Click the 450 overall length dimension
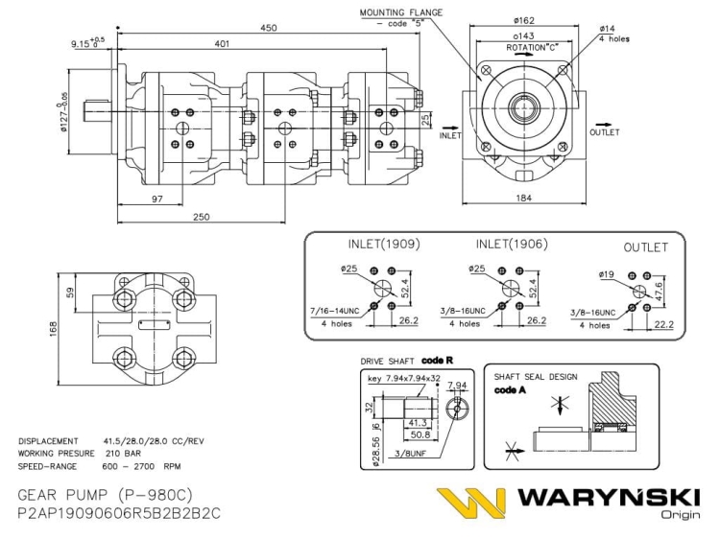[269, 28]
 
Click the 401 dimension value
[222, 44]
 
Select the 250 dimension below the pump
[200, 217]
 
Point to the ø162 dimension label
[525, 19]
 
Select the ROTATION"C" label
[532, 46]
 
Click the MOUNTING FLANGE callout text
[401, 12]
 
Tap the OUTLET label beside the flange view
[605, 133]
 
